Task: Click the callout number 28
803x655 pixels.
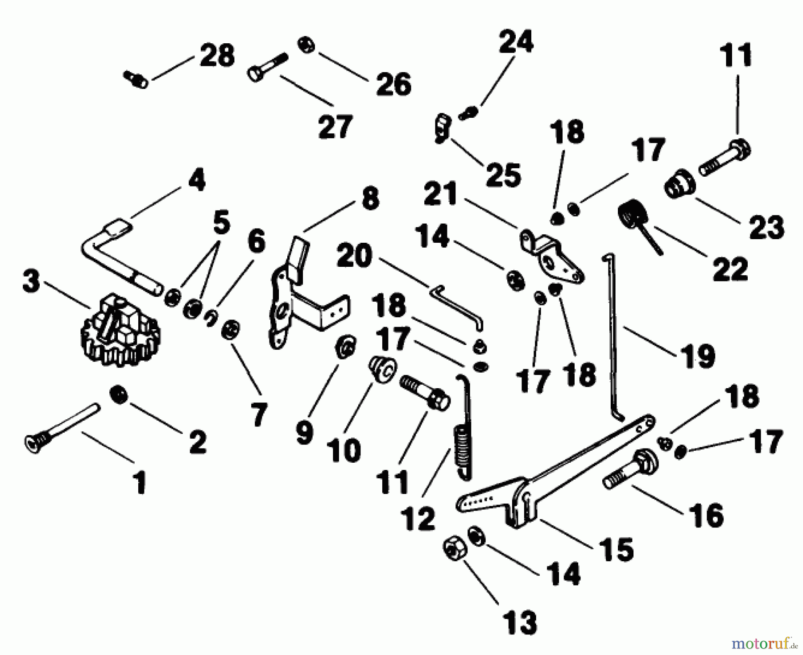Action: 217,56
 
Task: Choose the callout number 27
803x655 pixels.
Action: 335,127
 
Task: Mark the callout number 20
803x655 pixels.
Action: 354,257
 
